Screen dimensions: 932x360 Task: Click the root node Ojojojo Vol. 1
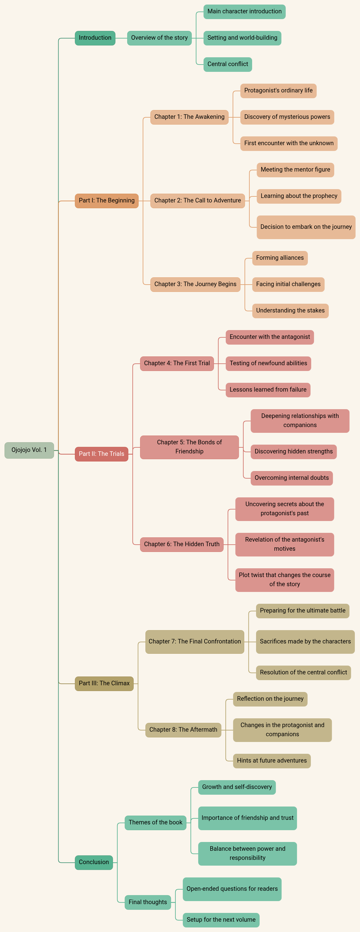[x=29, y=450]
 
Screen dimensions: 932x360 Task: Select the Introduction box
[x=95, y=38]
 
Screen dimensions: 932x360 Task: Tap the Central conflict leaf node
[x=228, y=64]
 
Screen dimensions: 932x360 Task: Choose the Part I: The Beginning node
[x=106, y=201]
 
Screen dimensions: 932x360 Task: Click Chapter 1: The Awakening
[x=189, y=117]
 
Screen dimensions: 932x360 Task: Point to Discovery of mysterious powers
[x=287, y=117]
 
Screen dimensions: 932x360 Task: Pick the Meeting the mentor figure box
[x=295, y=170]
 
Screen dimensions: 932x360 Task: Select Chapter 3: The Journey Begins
[x=195, y=284]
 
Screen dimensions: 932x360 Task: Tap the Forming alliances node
[x=280, y=258]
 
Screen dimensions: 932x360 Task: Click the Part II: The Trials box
[x=101, y=454]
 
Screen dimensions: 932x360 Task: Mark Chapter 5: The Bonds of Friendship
[x=189, y=447]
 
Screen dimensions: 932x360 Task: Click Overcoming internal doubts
[x=292, y=478]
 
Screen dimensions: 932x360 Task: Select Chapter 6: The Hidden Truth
[x=182, y=544]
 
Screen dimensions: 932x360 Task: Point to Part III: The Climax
[x=104, y=683]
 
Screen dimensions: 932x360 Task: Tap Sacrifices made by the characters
[x=305, y=641]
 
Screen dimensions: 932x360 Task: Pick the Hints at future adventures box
[x=272, y=760]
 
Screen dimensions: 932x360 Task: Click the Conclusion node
[x=94, y=862]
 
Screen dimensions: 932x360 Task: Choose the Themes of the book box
[x=155, y=822]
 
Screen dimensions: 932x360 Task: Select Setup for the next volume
[x=221, y=920]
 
